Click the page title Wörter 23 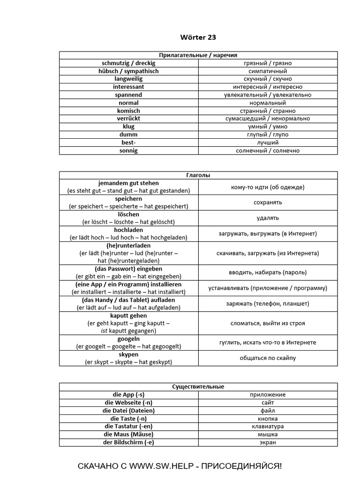click(x=198, y=37)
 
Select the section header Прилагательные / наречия click(x=198, y=55)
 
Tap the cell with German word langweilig click(x=128, y=79)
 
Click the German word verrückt click(x=128, y=119)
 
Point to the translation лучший click(x=268, y=142)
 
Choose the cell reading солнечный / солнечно click(x=268, y=150)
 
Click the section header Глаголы click(x=198, y=175)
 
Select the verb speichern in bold click(x=128, y=199)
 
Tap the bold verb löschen click(x=128, y=214)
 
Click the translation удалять click(x=268, y=218)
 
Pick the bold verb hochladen click(x=128, y=230)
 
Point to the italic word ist click(x=105, y=331)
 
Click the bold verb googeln click(x=128, y=339)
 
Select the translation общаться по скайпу click(x=268, y=358)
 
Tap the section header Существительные click(x=198, y=387)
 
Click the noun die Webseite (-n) click(x=128, y=403)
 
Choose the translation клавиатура click(x=268, y=427)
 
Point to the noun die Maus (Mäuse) click(x=128, y=435)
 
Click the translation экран click(x=268, y=442)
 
